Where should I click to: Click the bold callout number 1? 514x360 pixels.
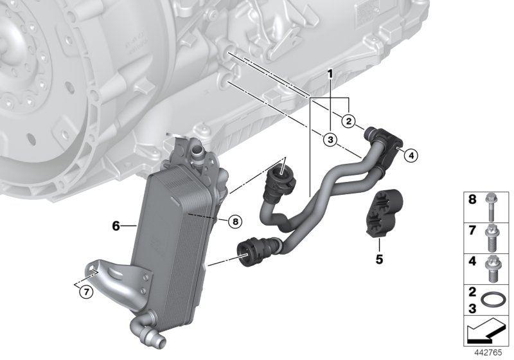coord(330,75)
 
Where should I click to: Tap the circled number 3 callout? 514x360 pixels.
coord(330,139)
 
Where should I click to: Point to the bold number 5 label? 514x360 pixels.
coord(379,260)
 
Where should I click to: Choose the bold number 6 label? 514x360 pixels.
coord(116,226)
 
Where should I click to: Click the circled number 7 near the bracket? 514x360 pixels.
coord(85,291)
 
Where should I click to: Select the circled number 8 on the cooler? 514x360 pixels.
coord(236,221)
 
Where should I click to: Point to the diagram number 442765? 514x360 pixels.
coord(489,353)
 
